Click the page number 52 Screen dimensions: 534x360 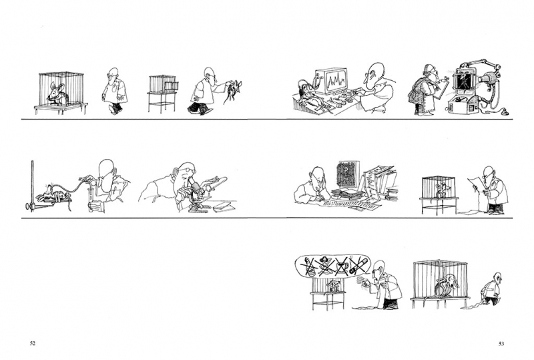tap(33, 343)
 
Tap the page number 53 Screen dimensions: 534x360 tap(501, 343)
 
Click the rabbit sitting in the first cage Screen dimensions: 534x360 tap(57, 93)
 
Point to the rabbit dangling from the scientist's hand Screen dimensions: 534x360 tap(232, 90)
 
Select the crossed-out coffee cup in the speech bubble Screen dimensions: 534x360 tap(340, 265)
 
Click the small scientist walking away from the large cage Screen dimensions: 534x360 tap(492, 289)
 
